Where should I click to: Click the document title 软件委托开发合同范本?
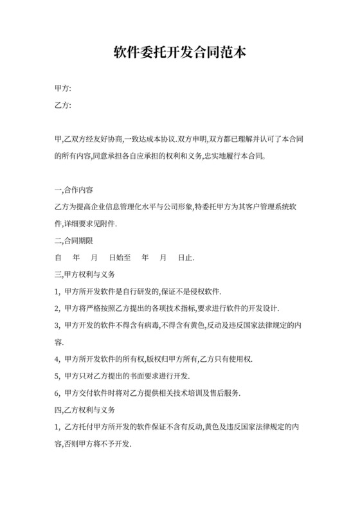click(179, 52)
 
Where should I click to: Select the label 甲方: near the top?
click(63, 88)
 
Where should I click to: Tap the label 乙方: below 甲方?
click(63, 105)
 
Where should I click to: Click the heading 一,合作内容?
click(75, 191)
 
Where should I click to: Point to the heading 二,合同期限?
click(75, 241)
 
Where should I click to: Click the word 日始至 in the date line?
click(120, 258)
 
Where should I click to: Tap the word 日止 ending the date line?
click(184, 258)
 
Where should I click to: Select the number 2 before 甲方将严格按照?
click(58, 308)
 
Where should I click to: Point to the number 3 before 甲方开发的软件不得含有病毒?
click(58, 325)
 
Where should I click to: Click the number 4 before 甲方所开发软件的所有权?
click(58, 359)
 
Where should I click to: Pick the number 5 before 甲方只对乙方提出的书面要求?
click(58, 375)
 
